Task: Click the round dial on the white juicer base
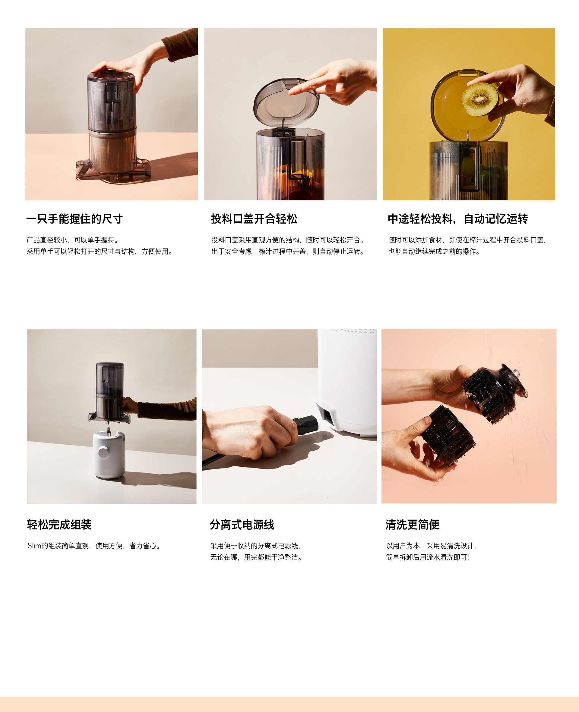tap(103, 453)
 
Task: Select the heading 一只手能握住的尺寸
tap(75, 219)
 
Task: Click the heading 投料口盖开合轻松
tap(254, 219)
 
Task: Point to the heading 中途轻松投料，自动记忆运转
tap(458, 219)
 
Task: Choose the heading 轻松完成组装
tap(59, 525)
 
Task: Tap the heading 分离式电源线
tap(242, 525)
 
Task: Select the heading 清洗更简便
tap(413, 525)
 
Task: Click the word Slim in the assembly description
tap(34, 546)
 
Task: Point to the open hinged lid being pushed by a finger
tap(286, 102)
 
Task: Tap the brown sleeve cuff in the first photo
tap(180, 47)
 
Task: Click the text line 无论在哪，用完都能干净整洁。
tap(256, 557)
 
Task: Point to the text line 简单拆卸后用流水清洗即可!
tap(428, 557)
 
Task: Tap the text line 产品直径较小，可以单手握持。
tap(73, 240)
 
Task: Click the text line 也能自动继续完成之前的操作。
tap(434, 252)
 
